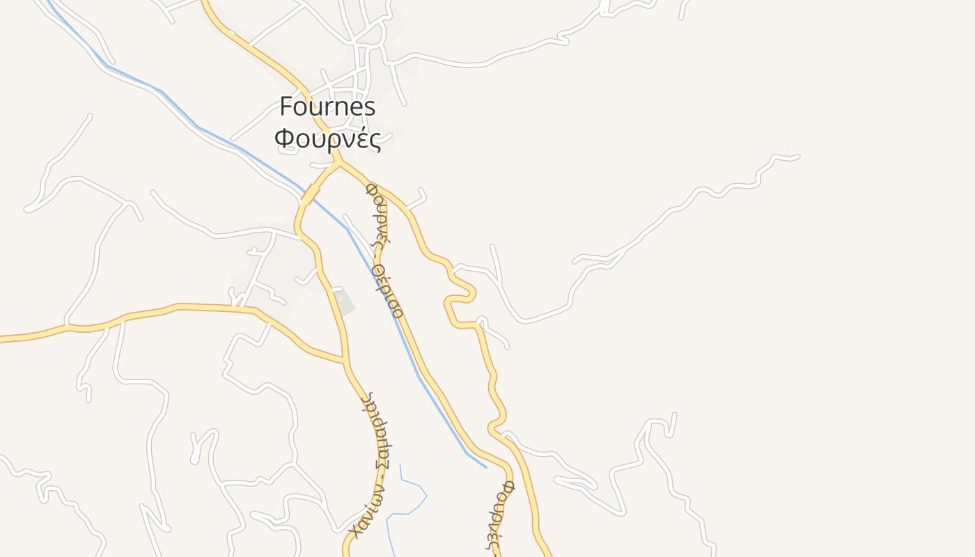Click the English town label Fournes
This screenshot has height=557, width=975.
coord(327,107)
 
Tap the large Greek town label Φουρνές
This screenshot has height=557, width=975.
coord(327,139)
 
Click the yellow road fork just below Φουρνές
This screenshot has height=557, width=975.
coord(338,164)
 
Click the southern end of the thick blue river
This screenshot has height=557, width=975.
coord(485,466)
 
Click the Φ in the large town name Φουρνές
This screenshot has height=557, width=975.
coord(283,139)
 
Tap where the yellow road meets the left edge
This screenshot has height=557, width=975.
coord(2,339)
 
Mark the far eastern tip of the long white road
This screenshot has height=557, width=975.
coord(797,157)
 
